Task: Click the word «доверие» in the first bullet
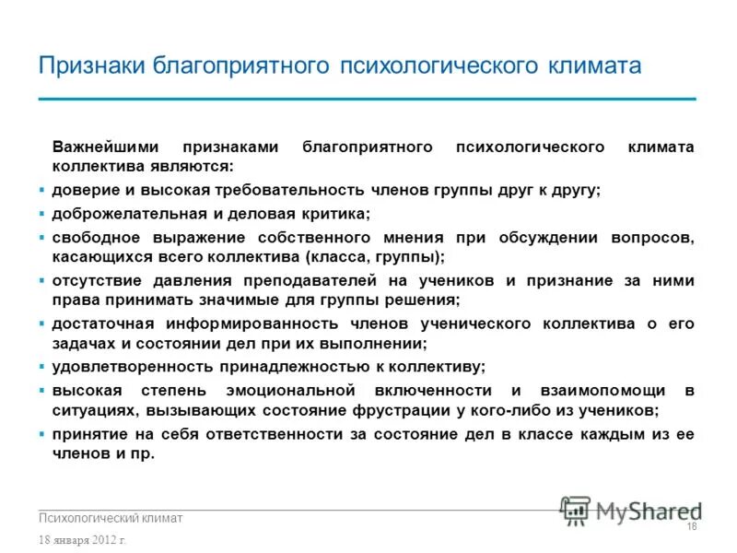[84, 190]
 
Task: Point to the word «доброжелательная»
[125, 214]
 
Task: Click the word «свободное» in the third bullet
[94, 238]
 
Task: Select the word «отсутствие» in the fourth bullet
[97, 281]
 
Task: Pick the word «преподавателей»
[303, 281]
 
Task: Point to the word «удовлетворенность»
[123, 366]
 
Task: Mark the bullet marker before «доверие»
[42, 190]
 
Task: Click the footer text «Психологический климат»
[111, 519]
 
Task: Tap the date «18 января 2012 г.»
[83, 539]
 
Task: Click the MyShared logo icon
[576, 509]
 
